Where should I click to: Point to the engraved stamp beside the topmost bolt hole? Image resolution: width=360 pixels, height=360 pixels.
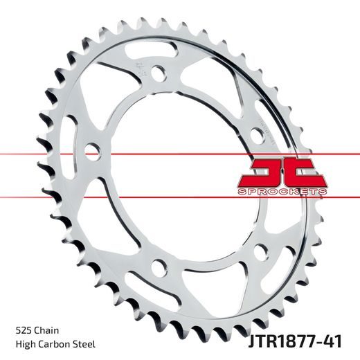point(141,69)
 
